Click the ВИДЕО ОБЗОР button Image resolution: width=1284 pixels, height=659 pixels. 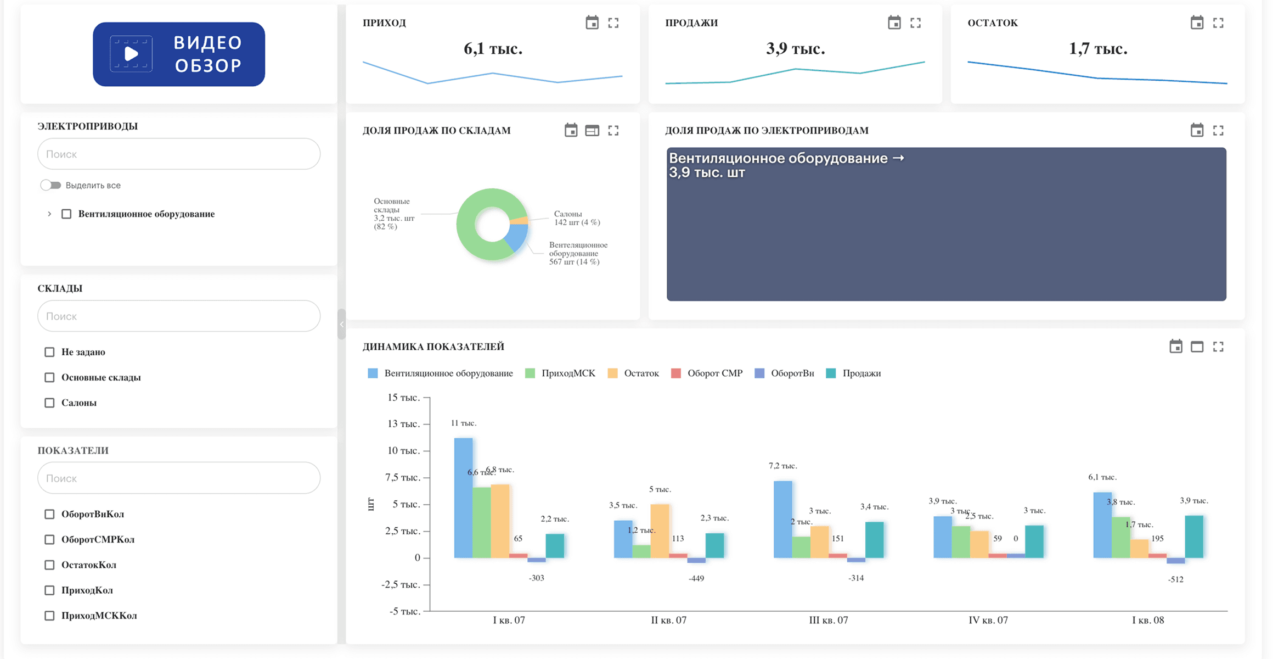tap(179, 54)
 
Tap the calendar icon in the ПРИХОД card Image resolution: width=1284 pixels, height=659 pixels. tap(592, 23)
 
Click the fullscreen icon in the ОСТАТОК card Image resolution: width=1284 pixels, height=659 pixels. tap(1218, 23)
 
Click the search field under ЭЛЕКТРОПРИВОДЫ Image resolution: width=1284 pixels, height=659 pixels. tap(179, 154)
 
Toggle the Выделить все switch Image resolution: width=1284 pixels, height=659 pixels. tap(50, 185)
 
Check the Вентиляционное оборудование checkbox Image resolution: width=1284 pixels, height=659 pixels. tap(66, 214)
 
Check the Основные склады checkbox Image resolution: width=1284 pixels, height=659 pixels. tap(49, 377)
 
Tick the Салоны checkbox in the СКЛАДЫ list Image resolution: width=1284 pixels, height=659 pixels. tap(49, 403)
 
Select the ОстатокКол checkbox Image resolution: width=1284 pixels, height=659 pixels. tap(49, 565)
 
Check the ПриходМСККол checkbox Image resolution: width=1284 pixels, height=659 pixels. tap(49, 616)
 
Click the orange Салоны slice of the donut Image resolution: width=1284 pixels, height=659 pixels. tap(520, 220)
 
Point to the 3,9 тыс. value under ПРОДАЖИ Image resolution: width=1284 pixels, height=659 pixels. tap(796, 48)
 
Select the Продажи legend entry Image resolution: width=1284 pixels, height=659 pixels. tap(853, 373)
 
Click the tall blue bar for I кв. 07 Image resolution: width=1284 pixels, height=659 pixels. tap(463, 498)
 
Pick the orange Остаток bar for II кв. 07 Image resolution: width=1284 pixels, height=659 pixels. tap(660, 531)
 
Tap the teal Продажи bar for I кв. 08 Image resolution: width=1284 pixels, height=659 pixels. tap(1194, 537)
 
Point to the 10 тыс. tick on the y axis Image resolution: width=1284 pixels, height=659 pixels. tap(404, 450)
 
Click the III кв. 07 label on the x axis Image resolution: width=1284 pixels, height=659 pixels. tap(828, 620)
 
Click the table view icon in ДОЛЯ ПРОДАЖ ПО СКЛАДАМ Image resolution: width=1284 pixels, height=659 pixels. tap(592, 130)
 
